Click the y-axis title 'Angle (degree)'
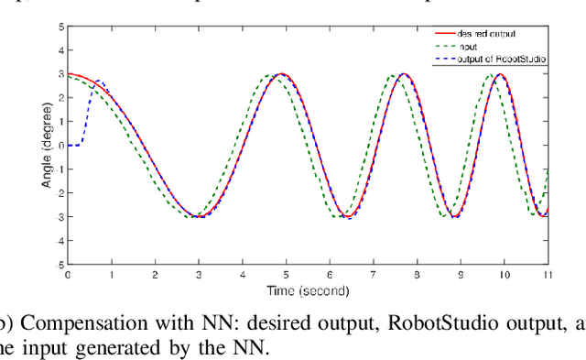coord(47,145)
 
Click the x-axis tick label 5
coord(286,274)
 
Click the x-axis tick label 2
coord(155,274)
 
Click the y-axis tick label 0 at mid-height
coord(60,145)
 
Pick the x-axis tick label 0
coord(67,274)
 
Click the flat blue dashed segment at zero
coord(74,145)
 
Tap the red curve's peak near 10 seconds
coord(500,73)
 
